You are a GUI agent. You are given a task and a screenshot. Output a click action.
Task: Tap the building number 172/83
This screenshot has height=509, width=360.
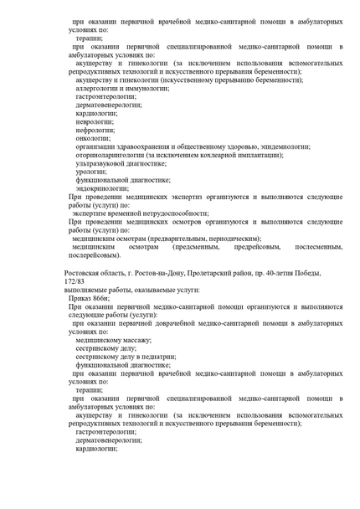75,281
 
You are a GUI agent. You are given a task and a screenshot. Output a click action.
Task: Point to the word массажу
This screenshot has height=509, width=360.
134,342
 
